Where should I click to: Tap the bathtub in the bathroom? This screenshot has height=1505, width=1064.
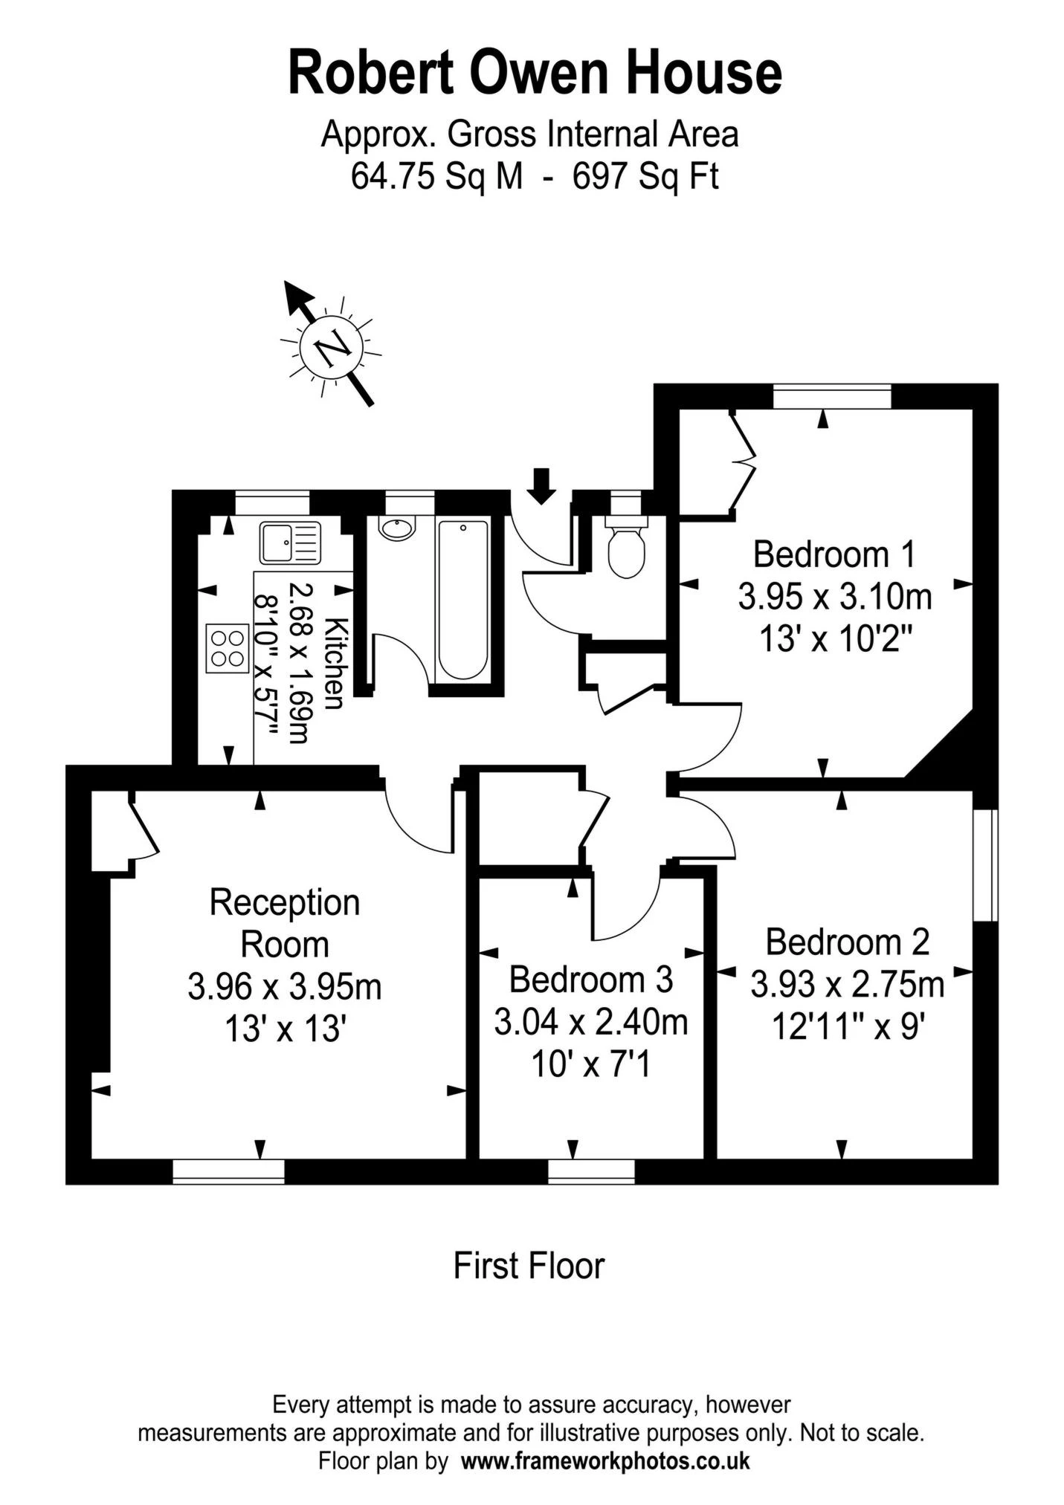coord(463,600)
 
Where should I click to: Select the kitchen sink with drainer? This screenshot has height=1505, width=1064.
coord(290,543)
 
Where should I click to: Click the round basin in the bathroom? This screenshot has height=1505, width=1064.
coord(397,528)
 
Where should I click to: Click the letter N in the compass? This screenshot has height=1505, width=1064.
coord(332,347)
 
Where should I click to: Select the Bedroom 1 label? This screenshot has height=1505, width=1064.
coord(834,554)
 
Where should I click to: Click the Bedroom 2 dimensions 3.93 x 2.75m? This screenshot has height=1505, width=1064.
coord(848,985)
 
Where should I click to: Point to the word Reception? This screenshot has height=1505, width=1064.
coord(285,902)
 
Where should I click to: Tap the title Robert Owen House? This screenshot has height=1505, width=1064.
coord(535,72)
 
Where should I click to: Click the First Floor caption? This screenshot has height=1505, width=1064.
coord(529,1266)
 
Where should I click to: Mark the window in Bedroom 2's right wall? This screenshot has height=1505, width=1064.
coord(985,865)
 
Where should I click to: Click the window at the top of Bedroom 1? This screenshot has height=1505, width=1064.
coord(832,396)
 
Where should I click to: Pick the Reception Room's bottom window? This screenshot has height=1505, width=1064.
coord(228,1171)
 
